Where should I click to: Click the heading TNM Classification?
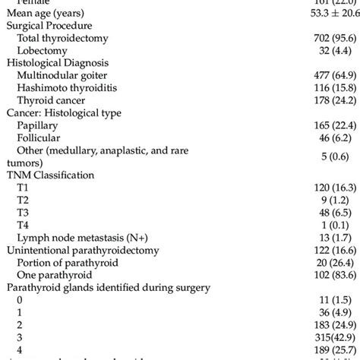tap(52, 175)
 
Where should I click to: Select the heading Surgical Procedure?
tap(46, 25)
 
